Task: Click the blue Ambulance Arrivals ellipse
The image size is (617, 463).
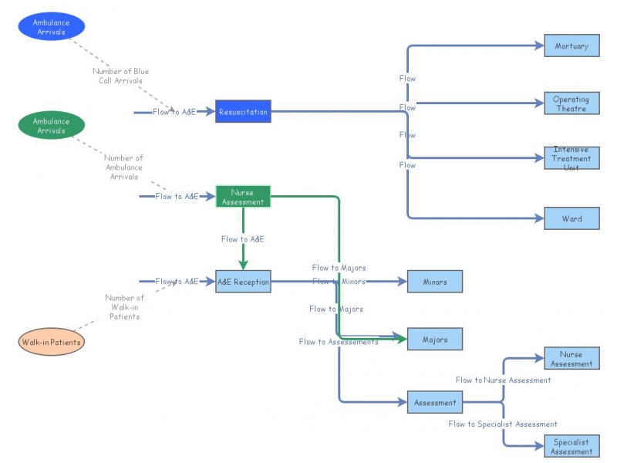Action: (x=51, y=27)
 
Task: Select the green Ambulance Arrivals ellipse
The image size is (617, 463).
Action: (x=51, y=126)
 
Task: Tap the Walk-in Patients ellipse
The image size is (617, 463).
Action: (x=51, y=342)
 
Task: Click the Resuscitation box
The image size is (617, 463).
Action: (x=243, y=112)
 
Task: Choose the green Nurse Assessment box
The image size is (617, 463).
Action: (x=243, y=197)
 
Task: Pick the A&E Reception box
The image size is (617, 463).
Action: (x=243, y=282)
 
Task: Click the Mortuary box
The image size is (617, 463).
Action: (x=571, y=46)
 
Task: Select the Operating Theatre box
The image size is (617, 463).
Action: (x=571, y=103)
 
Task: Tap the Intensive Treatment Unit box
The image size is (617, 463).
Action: (x=571, y=158)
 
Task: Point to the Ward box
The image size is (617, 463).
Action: (x=571, y=218)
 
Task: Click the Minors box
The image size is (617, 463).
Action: (x=435, y=282)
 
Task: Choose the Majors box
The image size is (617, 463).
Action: (x=435, y=339)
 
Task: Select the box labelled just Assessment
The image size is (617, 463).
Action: (x=435, y=402)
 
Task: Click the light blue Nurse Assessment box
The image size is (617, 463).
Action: (x=571, y=359)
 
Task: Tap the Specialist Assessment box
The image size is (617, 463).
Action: (x=571, y=447)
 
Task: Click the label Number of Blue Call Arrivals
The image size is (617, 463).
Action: (x=120, y=76)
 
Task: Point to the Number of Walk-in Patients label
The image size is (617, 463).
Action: (x=124, y=306)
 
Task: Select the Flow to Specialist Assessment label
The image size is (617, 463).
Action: (x=503, y=424)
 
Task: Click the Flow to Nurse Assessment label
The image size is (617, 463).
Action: (x=503, y=380)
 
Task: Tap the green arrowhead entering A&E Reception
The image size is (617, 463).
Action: (x=243, y=264)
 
